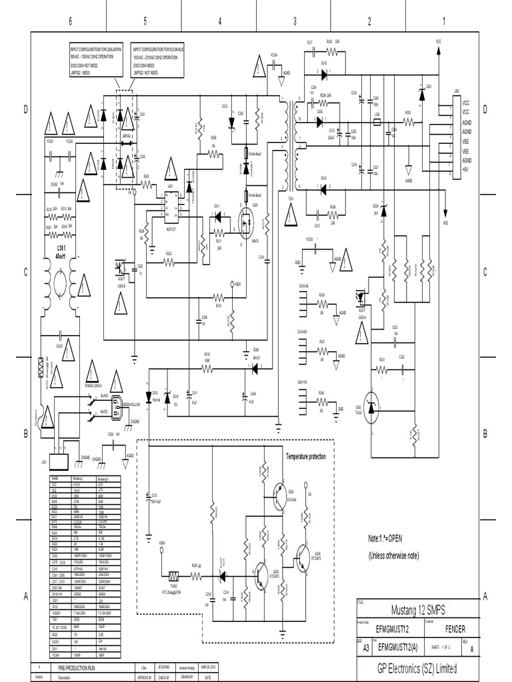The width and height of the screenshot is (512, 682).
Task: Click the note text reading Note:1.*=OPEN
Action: pyautogui.click(x=395, y=538)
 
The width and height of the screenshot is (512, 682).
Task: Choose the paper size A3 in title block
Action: pyautogui.click(x=366, y=646)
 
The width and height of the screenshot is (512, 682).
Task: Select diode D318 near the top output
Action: pyautogui.click(x=323, y=70)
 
